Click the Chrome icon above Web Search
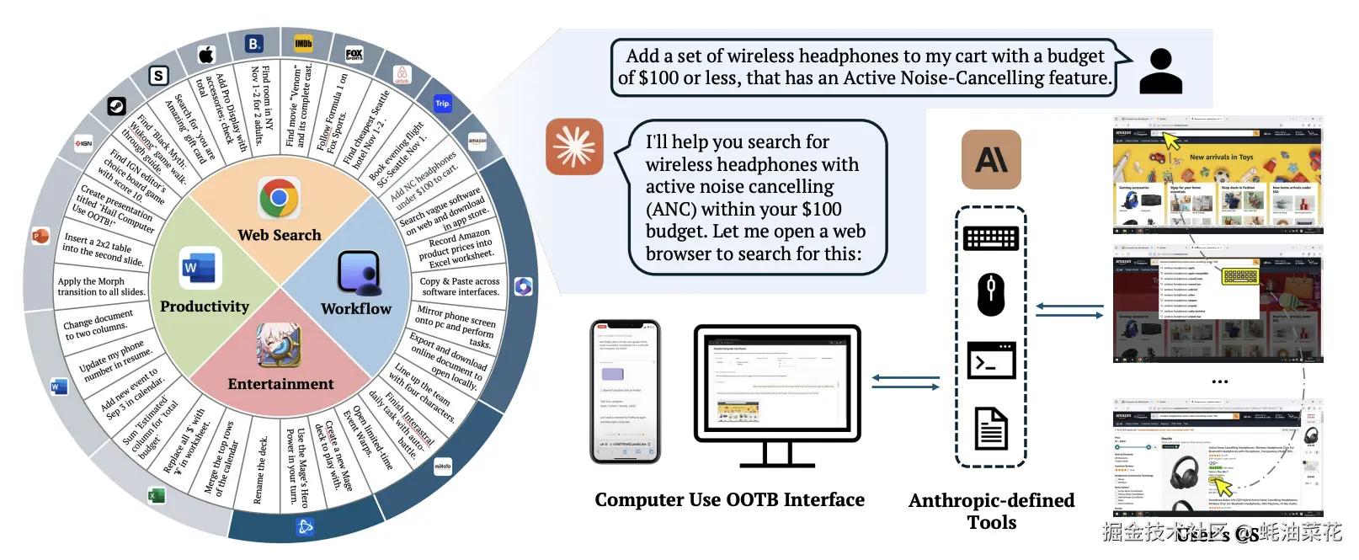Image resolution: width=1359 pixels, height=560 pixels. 279,199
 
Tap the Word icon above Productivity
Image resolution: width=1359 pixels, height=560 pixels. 201,269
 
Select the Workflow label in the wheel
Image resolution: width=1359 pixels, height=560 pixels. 356,309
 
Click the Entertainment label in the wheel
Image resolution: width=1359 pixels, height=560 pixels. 280,384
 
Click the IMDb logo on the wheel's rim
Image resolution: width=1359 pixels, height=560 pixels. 304,43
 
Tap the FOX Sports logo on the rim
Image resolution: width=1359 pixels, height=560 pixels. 354,54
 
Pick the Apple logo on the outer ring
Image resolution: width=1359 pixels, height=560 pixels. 206,55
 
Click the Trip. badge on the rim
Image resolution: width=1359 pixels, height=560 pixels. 443,104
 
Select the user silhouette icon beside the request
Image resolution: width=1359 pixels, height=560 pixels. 1160,71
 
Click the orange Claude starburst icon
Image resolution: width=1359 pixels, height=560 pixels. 574,147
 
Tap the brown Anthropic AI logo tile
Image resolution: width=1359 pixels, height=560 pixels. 991,159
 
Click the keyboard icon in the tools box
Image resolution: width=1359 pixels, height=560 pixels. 991,238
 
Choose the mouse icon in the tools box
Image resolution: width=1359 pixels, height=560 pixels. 991,294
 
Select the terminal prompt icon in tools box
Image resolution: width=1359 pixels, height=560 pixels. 991,361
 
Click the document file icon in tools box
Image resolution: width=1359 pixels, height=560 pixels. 991,428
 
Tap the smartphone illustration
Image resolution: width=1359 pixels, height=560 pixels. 625,392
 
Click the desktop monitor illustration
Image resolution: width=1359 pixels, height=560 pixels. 776,387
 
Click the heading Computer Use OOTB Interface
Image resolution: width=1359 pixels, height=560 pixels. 729,499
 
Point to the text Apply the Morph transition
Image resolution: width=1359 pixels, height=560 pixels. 101,286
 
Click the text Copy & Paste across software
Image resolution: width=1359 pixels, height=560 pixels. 460,286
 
